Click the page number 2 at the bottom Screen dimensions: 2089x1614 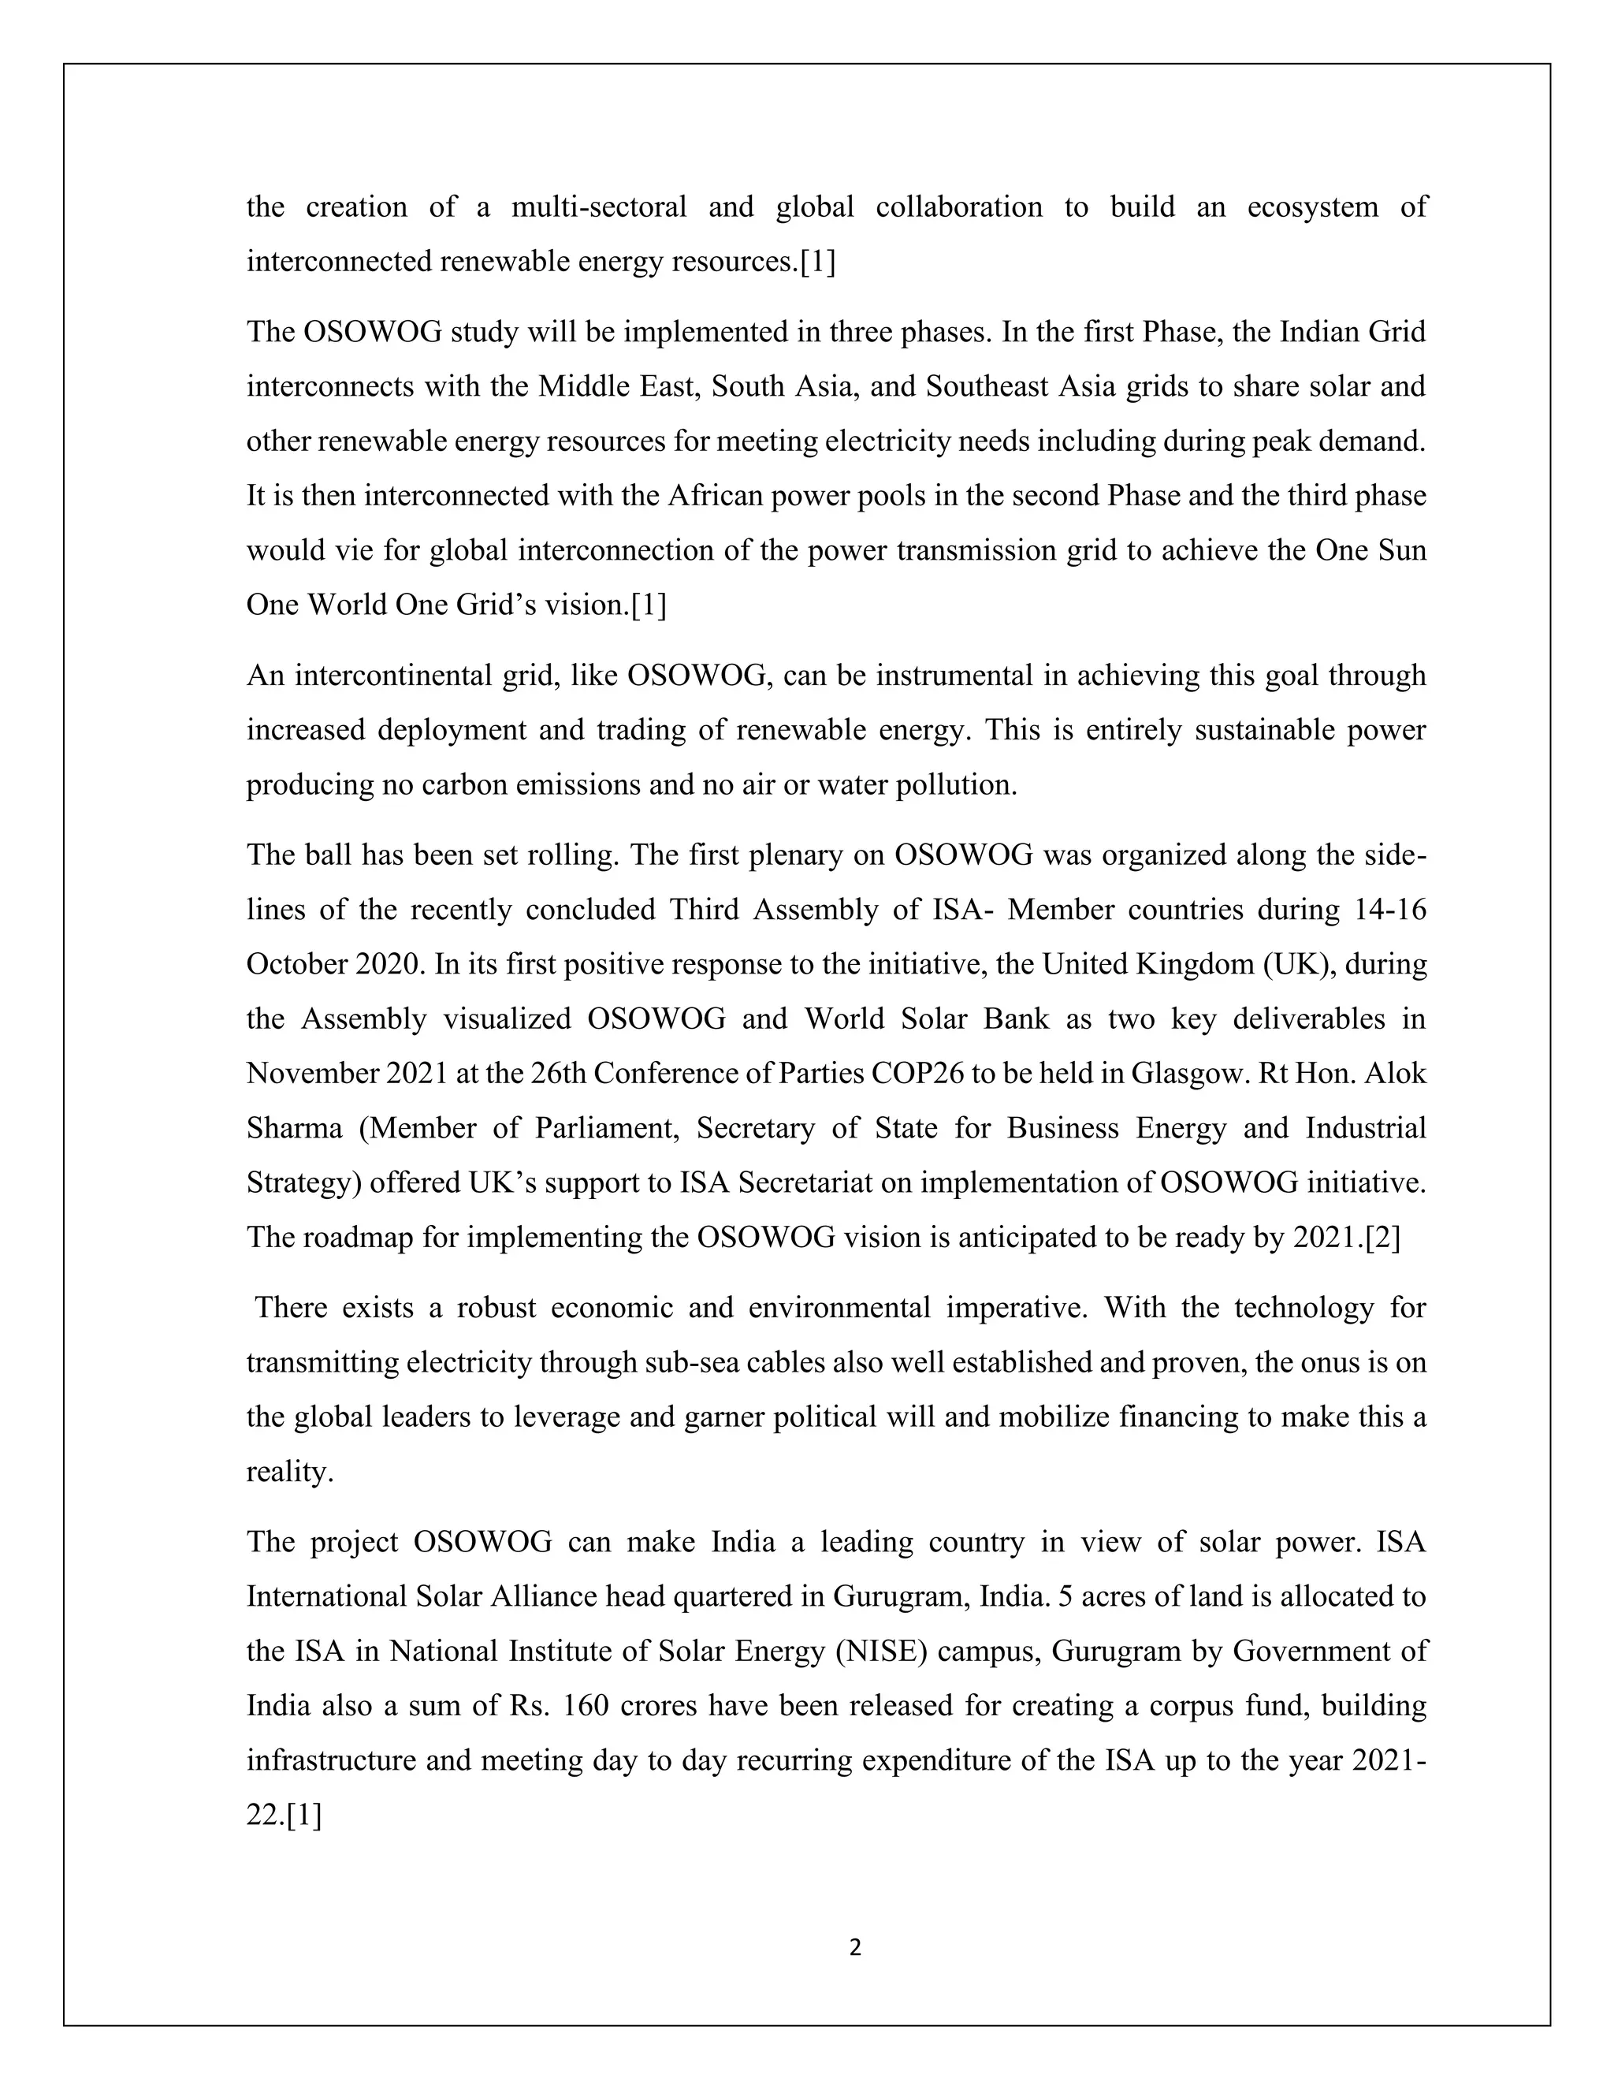click(855, 1947)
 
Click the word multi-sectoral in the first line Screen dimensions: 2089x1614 click(599, 207)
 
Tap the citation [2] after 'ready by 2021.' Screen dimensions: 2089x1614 click(1382, 1238)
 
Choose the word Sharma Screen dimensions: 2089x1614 click(293, 1129)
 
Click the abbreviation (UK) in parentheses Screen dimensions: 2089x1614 click(1297, 964)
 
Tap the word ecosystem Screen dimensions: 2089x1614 click(1312, 207)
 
